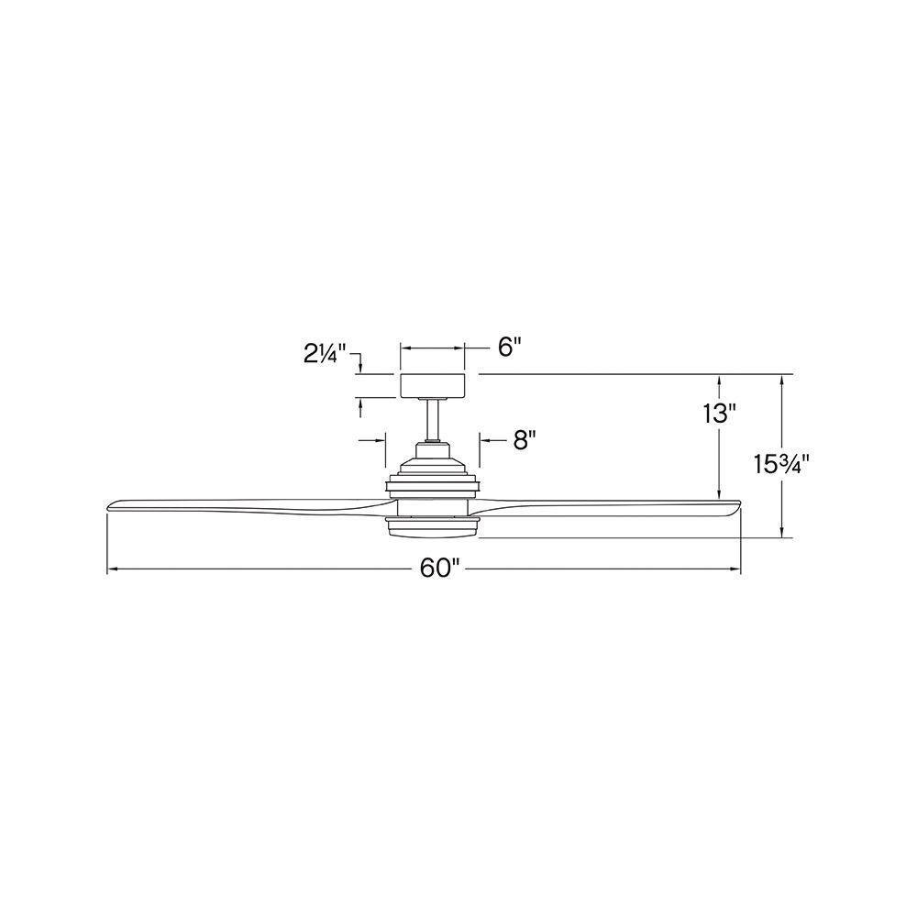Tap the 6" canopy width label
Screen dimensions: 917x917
pyautogui.click(x=509, y=347)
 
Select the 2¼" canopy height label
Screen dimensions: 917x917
pyautogui.click(x=325, y=354)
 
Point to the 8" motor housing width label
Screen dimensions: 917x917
pyautogui.click(x=525, y=440)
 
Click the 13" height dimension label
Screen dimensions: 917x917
pyautogui.click(x=719, y=414)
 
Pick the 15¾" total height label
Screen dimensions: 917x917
pyautogui.click(x=780, y=465)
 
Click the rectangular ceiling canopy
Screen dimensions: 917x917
pyautogui.click(x=432, y=385)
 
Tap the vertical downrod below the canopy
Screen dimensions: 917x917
pyautogui.click(x=433, y=419)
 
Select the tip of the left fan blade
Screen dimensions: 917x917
pyautogui.click(x=107, y=506)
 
